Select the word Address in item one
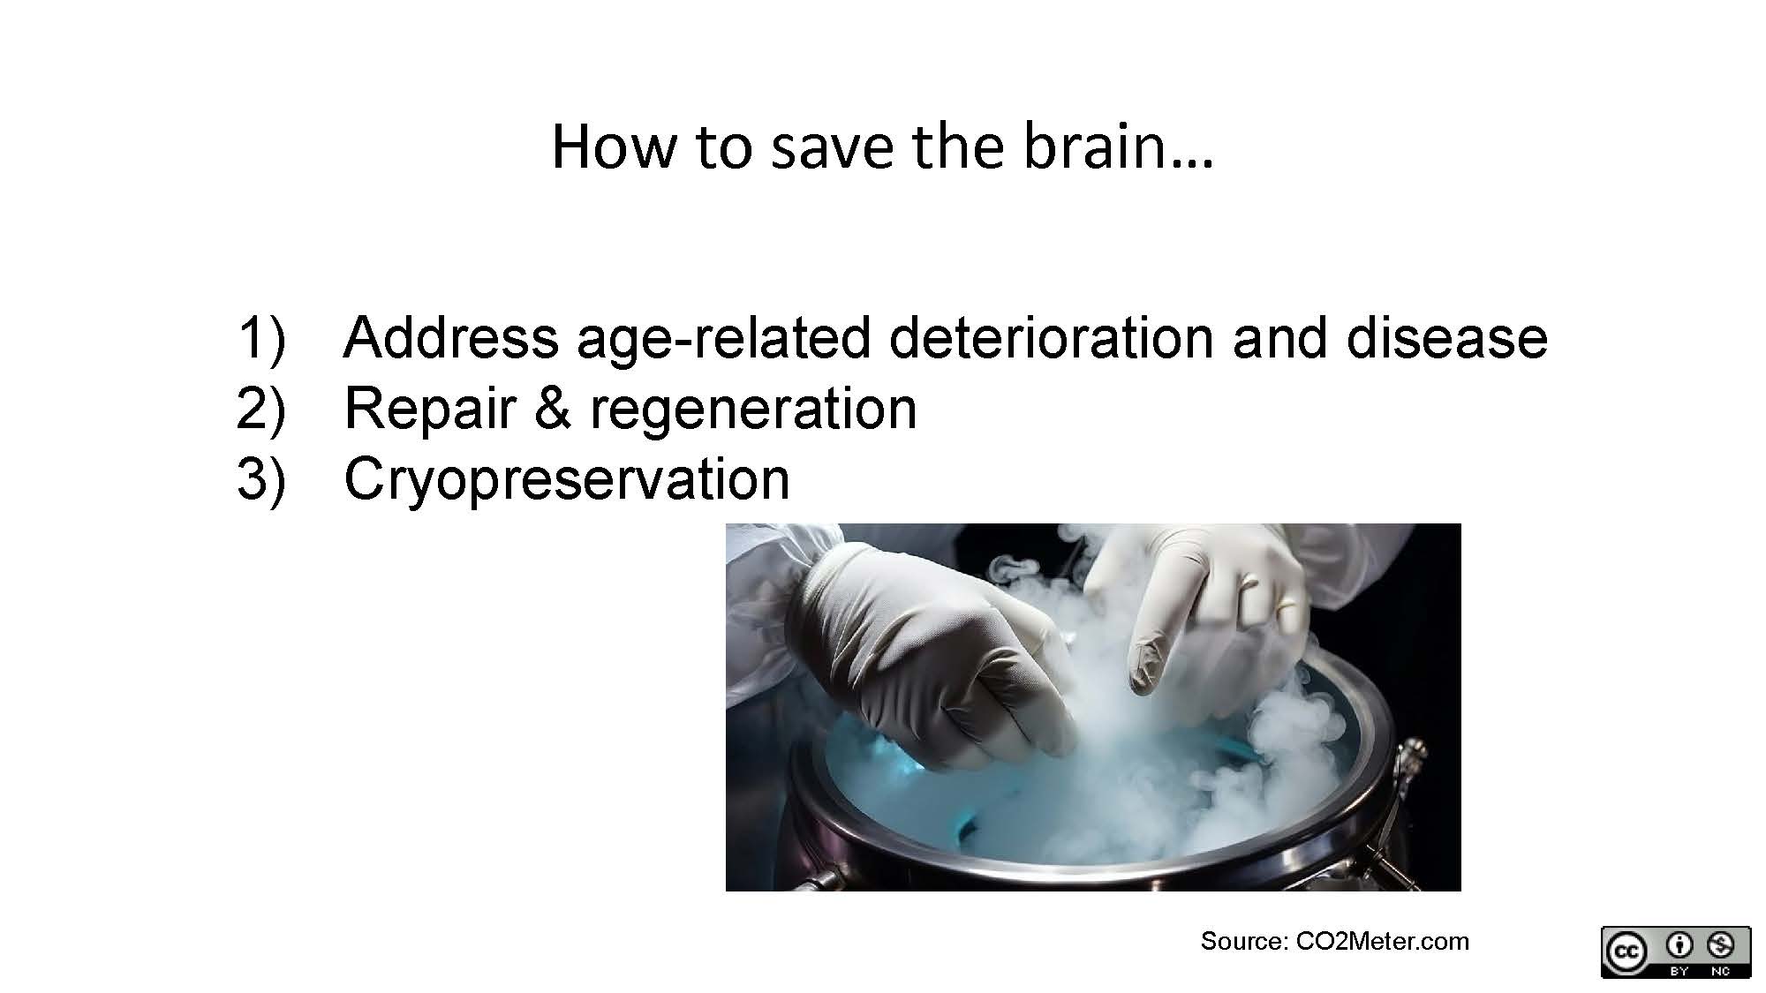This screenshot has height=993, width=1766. (451, 337)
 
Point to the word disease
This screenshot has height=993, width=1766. (1446, 337)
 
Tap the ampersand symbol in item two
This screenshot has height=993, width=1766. (553, 408)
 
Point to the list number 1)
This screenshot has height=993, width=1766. (261, 339)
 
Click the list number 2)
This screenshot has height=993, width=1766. (261, 410)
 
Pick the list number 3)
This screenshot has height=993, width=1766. (261, 480)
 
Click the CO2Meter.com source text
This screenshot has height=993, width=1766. (1382, 941)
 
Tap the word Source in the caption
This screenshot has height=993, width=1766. (1243, 941)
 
